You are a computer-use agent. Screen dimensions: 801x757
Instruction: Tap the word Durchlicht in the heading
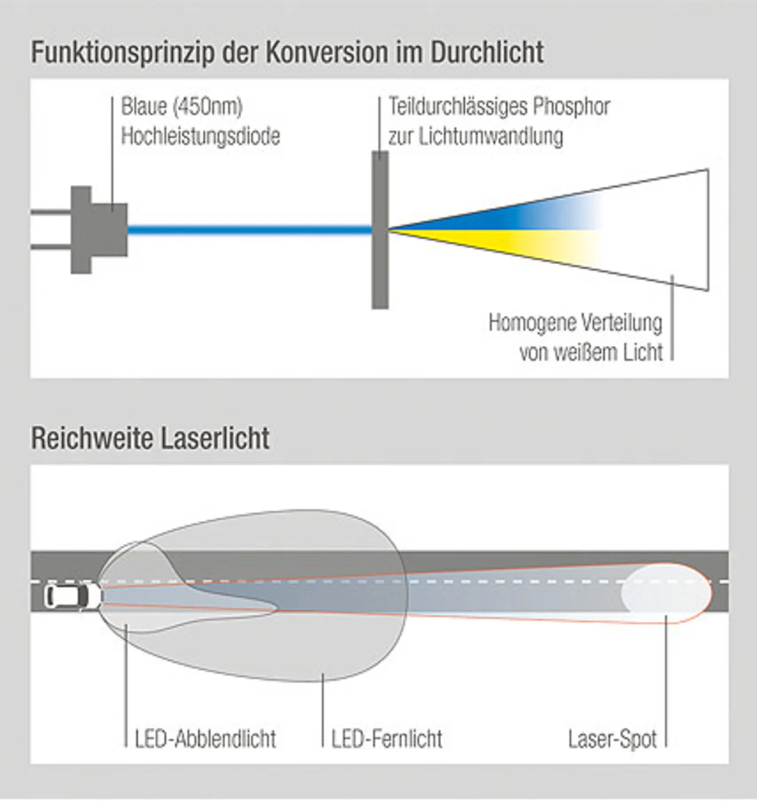coord(487,53)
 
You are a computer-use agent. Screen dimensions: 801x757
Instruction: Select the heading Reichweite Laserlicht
coord(150,439)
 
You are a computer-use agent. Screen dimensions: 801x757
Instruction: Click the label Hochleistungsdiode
coord(200,137)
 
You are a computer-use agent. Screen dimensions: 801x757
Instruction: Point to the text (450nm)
coord(208,107)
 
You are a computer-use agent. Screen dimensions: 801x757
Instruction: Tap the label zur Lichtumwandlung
coord(475,137)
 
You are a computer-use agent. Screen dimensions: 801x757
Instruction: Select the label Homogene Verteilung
coord(575,323)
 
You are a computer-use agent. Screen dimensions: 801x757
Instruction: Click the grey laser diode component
coord(98,230)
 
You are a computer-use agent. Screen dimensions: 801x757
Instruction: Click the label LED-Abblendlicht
coord(205,739)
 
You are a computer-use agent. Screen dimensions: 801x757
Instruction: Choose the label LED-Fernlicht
coord(387,739)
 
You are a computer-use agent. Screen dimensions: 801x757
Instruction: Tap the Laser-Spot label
coord(612,739)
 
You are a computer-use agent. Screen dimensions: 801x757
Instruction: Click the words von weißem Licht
coord(591,353)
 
